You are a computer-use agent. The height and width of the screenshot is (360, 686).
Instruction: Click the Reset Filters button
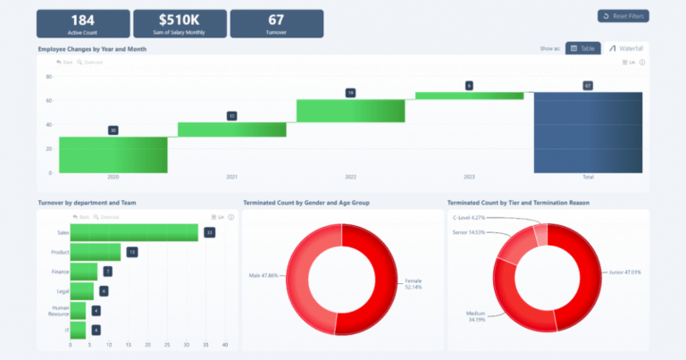[623, 16]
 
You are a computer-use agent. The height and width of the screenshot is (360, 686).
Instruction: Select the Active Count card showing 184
[82, 23]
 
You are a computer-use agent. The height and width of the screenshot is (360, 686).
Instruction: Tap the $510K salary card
[179, 23]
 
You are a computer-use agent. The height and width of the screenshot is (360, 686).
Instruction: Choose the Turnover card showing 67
[276, 23]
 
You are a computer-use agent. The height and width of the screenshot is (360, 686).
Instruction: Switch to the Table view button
[582, 48]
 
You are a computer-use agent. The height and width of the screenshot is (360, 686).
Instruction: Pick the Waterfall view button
[625, 48]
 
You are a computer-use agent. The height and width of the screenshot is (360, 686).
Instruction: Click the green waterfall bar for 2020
[113, 155]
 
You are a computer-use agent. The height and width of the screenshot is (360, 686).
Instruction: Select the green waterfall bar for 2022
[350, 111]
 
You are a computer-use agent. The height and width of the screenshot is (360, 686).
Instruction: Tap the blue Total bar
[588, 132]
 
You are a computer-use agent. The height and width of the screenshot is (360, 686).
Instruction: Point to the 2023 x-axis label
[469, 177]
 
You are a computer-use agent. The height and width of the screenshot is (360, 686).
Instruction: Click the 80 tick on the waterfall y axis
[48, 76]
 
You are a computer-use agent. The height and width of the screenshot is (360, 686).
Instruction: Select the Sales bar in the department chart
[134, 233]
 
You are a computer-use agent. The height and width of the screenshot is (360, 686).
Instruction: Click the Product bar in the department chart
[95, 252]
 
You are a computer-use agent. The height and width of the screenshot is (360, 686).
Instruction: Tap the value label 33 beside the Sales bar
[209, 233]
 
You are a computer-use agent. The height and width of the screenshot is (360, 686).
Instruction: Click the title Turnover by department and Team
[87, 203]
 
